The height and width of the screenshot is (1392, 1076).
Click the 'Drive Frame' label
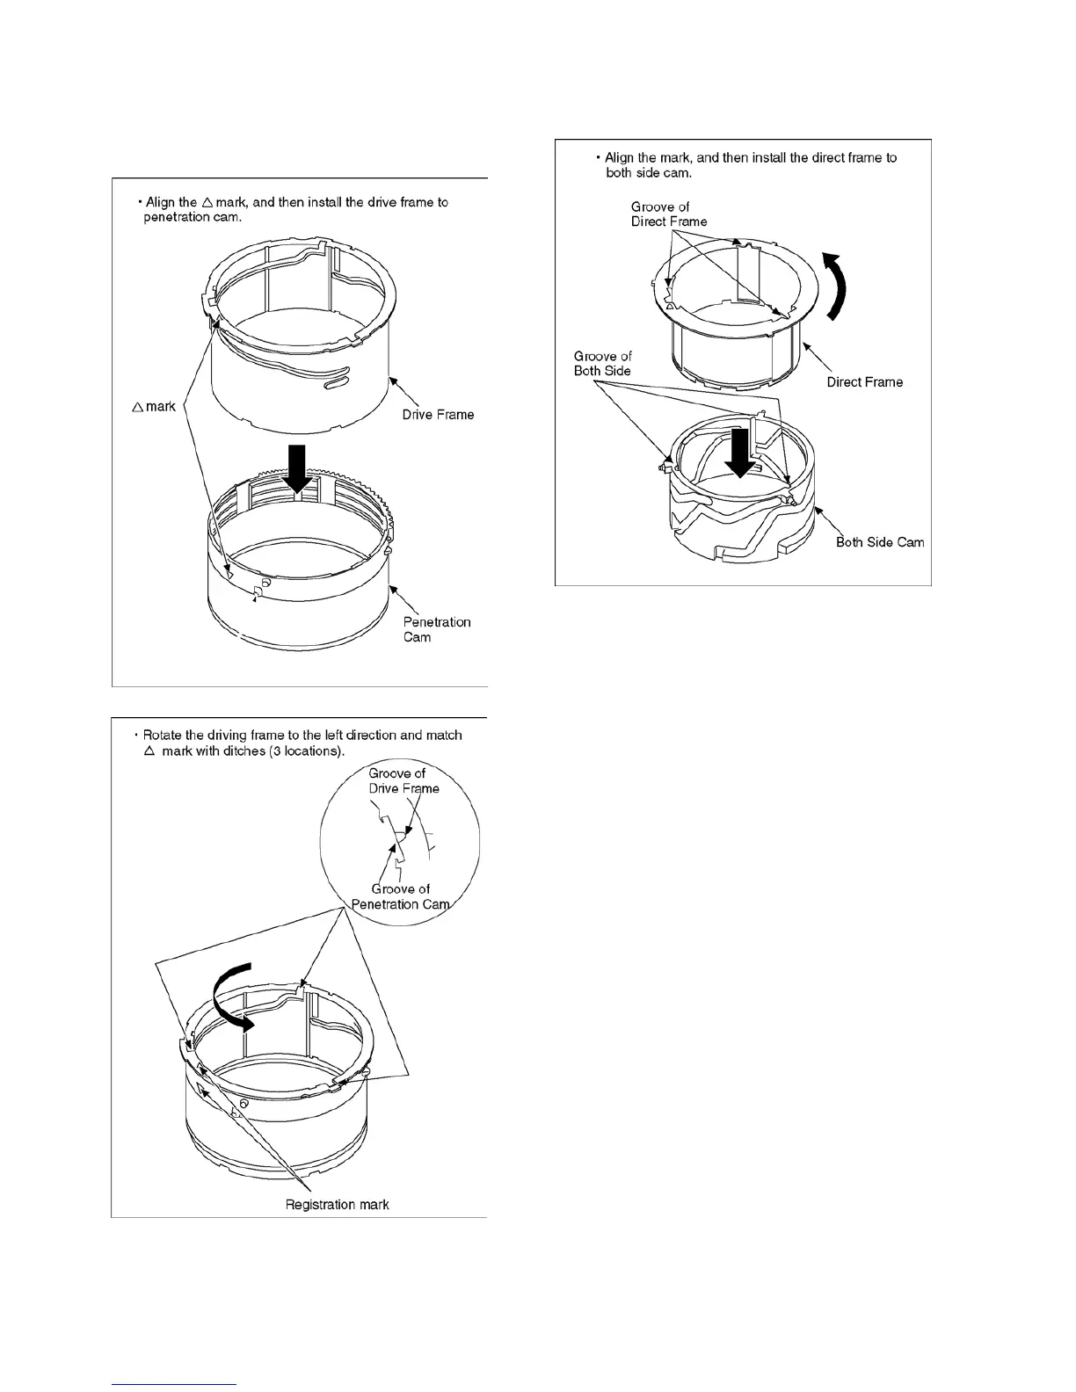click(438, 415)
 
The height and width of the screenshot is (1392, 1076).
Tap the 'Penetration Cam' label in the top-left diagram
click(437, 629)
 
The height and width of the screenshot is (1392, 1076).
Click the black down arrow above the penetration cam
click(297, 468)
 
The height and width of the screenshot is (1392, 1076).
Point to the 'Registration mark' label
click(337, 1204)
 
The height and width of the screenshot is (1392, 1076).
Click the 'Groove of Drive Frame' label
click(403, 780)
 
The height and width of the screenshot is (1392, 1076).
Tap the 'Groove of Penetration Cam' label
click(400, 896)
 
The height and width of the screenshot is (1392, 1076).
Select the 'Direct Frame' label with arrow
click(864, 381)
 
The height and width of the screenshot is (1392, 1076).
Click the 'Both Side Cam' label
click(880, 542)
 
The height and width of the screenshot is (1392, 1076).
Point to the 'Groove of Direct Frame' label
click(668, 214)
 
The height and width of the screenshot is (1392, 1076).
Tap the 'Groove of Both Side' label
click(602, 363)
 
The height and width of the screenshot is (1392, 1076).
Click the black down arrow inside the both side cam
click(741, 453)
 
